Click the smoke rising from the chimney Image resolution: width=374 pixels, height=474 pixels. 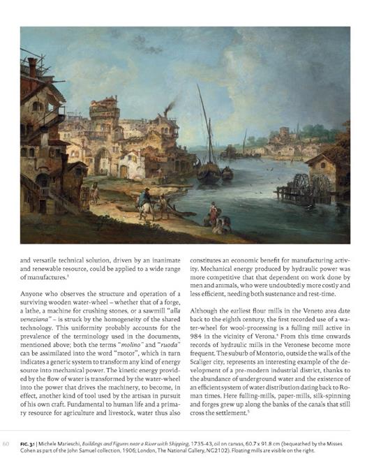coord(170,107)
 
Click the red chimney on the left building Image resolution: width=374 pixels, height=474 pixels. coord(31,66)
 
